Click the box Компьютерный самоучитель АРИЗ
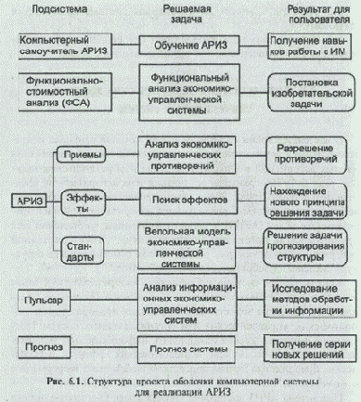pos(56,45)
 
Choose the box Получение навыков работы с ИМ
pos(306,45)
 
